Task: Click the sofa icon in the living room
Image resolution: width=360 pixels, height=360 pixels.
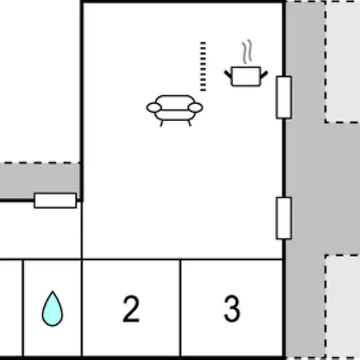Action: point(174,110)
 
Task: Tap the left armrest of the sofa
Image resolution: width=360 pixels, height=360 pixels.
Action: point(154,108)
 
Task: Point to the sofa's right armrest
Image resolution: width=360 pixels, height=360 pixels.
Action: point(195,108)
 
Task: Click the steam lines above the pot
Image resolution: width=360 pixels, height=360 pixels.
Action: point(247,52)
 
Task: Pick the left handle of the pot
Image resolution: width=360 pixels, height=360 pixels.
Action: point(228,74)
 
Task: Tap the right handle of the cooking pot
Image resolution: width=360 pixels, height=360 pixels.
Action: point(264,74)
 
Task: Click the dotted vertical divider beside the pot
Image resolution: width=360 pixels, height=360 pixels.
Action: point(203,66)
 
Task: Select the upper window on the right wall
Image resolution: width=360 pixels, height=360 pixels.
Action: point(284,98)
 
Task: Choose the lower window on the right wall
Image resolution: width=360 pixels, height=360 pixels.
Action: point(284,218)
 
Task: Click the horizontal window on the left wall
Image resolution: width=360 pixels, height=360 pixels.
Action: point(55,201)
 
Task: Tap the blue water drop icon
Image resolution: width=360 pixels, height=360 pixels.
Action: point(53,309)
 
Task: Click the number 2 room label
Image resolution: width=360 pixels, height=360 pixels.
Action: point(131,309)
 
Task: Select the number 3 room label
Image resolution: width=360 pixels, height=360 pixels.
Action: point(232,309)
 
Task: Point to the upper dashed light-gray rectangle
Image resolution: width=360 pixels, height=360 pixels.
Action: point(342,62)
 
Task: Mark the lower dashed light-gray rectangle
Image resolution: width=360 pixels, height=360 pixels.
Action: point(342,306)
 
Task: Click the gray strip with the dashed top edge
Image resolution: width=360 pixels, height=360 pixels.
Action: point(40,180)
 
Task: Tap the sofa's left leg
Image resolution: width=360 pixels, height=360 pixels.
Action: point(162,123)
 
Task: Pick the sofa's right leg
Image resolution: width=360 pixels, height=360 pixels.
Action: point(190,123)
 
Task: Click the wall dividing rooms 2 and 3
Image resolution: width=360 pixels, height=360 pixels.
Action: point(181,308)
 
